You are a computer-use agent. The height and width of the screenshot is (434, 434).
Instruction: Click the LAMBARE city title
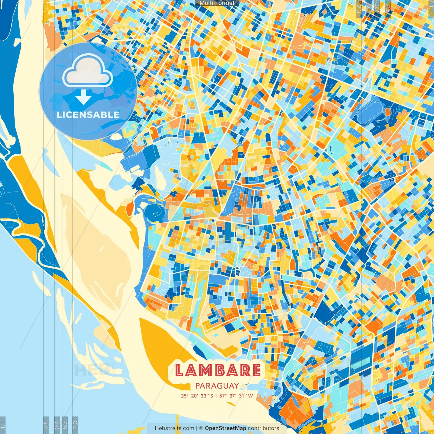pos(218,370)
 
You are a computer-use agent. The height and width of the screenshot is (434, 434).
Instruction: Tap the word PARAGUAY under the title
pos(217,386)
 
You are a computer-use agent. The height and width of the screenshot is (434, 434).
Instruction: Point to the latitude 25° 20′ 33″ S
pos(197,396)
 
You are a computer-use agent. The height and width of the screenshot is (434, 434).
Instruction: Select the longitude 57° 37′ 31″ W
pos(237,396)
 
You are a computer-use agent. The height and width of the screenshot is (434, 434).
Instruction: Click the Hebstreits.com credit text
pos(174,428)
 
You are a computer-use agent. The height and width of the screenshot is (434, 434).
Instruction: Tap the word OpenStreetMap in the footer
pos(225,428)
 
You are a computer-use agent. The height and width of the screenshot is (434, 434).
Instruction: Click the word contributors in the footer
pos(263,428)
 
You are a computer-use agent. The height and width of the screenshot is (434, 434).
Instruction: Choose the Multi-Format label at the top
pos(217,3)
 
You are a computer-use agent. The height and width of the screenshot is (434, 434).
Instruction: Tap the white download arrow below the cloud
pos(83,97)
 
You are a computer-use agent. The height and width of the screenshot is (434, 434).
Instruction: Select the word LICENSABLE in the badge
pos(88,115)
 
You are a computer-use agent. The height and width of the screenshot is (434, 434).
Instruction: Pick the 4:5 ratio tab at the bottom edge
pos(46,425)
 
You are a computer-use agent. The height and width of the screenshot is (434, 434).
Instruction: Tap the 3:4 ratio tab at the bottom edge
pos(57,425)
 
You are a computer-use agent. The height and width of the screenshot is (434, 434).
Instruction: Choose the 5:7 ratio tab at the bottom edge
pos(65,425)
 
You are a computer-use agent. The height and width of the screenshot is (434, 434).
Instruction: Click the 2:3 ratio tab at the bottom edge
pos(75,425)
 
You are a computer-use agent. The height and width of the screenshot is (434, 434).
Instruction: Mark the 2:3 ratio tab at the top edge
pos(359,9)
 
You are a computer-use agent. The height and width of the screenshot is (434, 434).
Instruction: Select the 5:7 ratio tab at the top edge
pos(369,9)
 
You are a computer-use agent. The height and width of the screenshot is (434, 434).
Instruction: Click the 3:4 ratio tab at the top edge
pos(377,9)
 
